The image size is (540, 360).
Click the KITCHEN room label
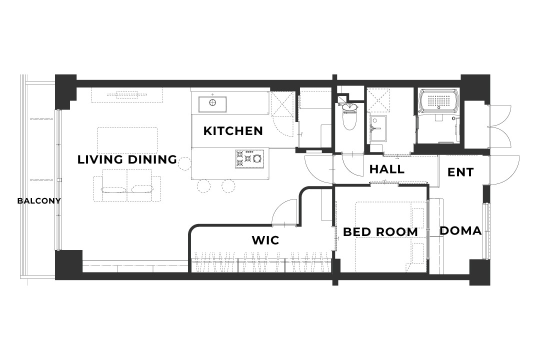tap(233, 131)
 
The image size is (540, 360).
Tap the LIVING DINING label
tap(127, 159)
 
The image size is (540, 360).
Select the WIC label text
tap(265, 240)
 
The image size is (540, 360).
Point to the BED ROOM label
tap(380, 232)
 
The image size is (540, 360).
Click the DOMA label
tap(460, 231)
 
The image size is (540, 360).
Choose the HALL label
tap(386, 169)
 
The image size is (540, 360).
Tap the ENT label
tap(460, 172)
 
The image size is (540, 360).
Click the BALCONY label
tap(39, 201)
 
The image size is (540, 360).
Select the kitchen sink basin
tap(212, 104)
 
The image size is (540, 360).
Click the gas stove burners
tap(249, 159)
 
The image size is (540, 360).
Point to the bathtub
tap(438, 100)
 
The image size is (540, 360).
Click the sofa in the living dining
tap(127, 185)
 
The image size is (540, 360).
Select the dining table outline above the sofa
tap(127, 140)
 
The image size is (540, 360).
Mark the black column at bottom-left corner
tap(69, 264)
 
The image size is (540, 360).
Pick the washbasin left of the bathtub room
tap(378, 128)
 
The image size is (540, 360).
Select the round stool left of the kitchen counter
tap(184, 163)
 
